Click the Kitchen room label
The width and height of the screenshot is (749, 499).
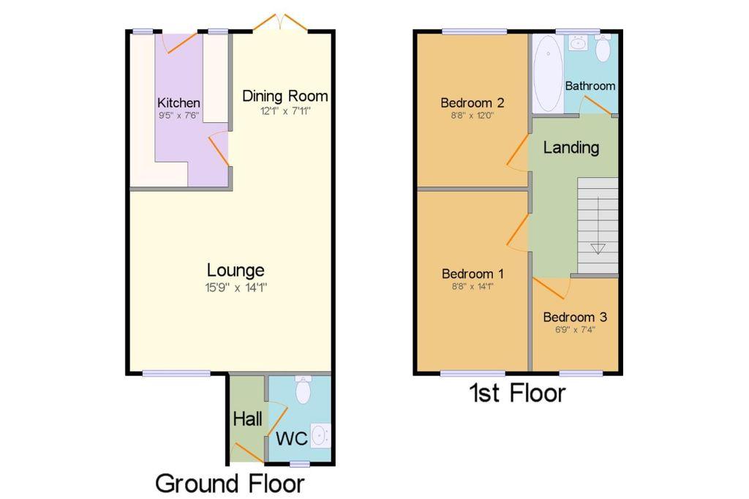178,102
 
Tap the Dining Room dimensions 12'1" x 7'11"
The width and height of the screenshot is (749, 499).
285,111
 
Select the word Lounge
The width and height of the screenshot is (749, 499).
236,271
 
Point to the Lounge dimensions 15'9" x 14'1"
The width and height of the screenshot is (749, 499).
236,288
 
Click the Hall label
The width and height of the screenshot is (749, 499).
247,419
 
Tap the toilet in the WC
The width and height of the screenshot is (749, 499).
304,389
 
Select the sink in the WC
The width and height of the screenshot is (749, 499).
320,435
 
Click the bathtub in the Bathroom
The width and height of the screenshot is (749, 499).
547,74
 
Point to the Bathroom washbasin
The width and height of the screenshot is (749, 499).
579,43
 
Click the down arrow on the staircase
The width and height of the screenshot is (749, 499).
598,249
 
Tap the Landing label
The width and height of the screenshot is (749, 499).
571,148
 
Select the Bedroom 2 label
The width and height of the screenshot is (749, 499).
473,102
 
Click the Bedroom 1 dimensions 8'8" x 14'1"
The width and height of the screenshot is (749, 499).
473,287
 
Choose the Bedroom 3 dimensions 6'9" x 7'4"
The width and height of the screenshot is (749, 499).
575,330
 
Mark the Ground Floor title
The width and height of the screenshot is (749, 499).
230,483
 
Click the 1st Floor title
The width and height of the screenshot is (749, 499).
518,394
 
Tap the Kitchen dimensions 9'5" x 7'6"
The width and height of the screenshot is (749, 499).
178,115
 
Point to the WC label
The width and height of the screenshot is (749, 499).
291,438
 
